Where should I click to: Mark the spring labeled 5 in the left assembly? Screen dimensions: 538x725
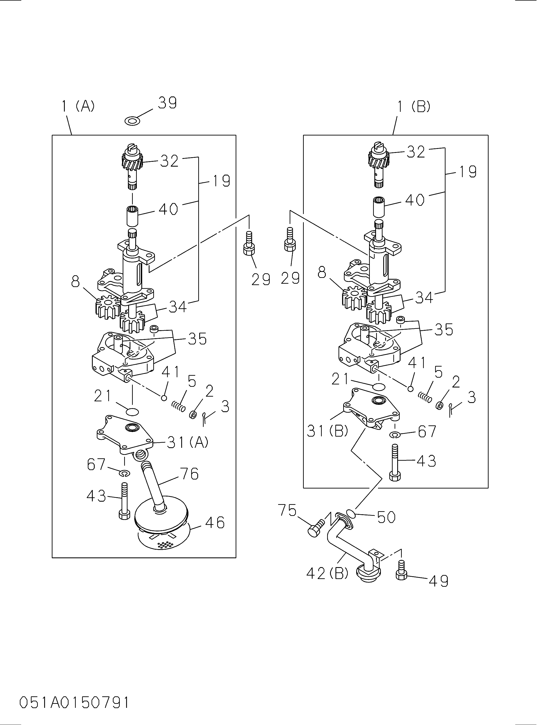178,406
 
